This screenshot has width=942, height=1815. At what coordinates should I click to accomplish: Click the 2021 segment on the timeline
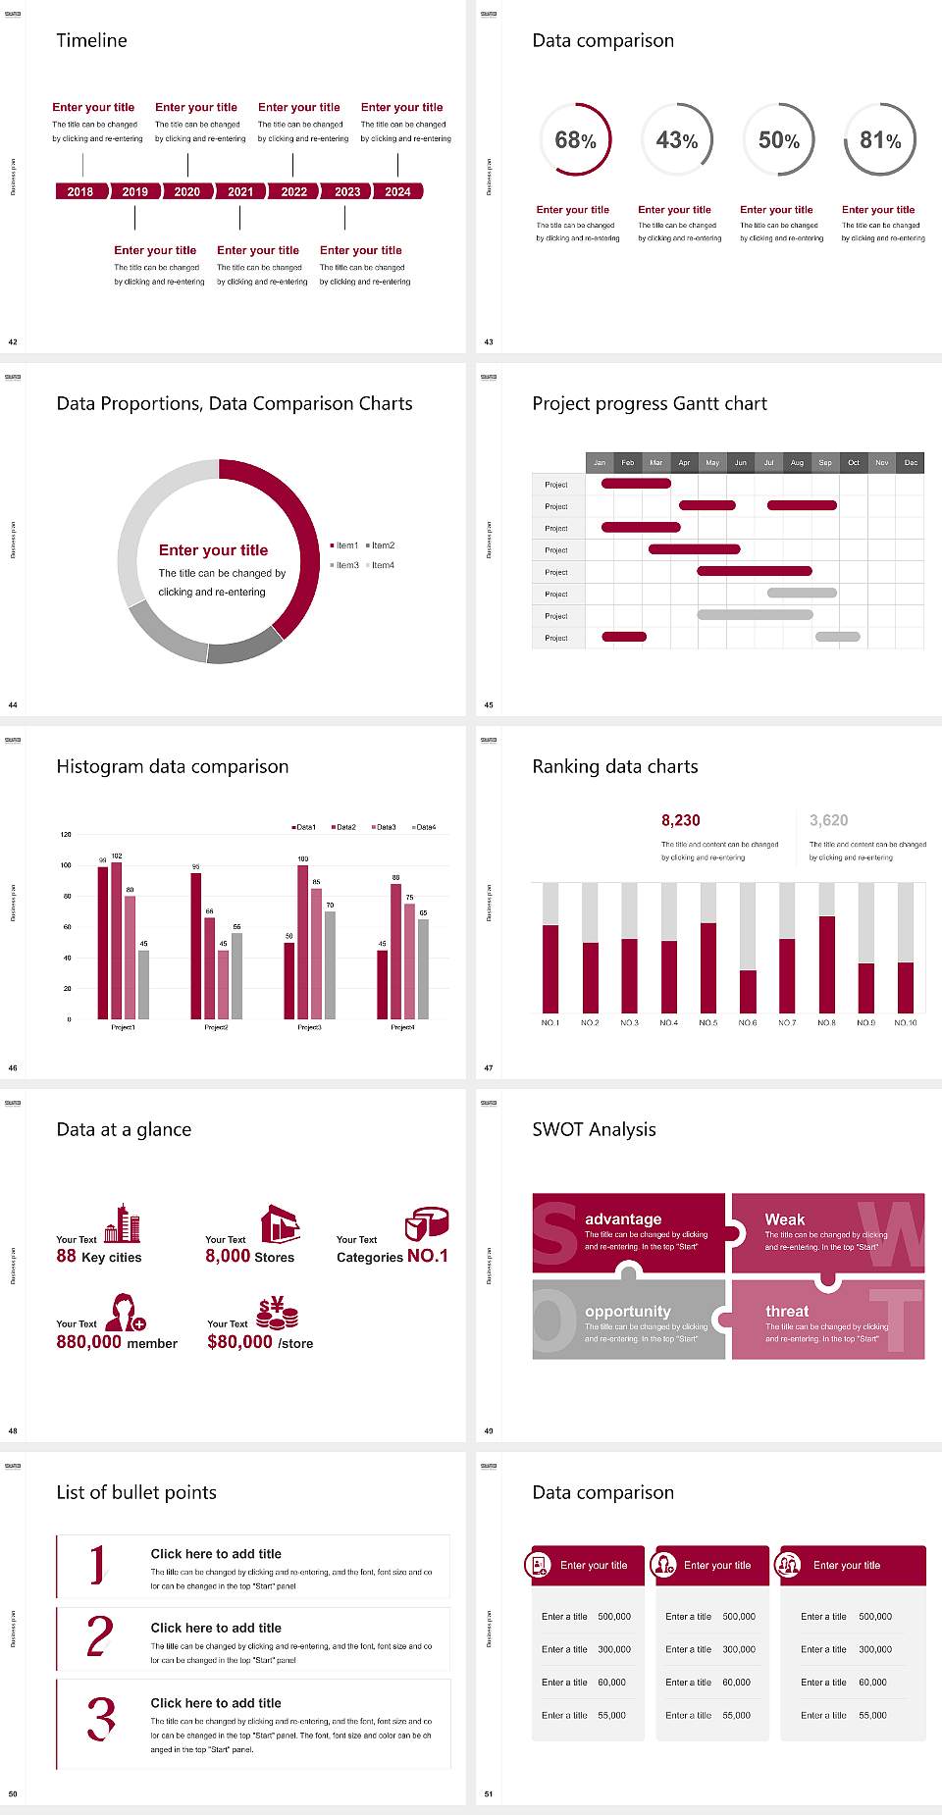click(240, 191)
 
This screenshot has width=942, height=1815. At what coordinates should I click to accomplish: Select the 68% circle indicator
click(575, 140)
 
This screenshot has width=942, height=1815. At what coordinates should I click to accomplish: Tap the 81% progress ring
click(880, 140)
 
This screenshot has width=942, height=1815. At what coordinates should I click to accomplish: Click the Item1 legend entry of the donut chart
click(344, 545)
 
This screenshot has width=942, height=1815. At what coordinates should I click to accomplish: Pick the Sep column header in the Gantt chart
click(825, 462)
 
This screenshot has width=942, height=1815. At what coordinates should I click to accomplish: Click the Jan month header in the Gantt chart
click(600, 462)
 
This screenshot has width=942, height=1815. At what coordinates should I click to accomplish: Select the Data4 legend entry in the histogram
click(424, 827)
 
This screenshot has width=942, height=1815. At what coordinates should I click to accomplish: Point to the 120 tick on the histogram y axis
click(66, 835)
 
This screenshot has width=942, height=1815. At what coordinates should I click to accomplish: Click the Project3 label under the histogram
click(309, 1027)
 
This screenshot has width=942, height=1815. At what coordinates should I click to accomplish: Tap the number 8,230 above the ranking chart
click(681, 820)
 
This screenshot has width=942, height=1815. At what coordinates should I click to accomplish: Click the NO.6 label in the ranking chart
click(748, 1022)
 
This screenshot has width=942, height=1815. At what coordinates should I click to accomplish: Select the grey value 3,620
click(829, 820)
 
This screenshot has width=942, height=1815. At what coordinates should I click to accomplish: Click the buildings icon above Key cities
click(123, 1223)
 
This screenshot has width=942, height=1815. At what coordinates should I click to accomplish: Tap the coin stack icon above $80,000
click(278, 1312)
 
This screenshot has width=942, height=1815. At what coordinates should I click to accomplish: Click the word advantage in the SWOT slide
click(623, 1219)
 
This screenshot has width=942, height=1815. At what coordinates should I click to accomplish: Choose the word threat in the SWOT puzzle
click(787, 1311)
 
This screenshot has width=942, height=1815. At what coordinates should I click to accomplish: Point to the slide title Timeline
click(91, 40)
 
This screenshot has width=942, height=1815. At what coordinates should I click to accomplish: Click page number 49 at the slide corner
click(489, 1430)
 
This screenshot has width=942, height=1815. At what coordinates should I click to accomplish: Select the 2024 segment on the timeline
click(397, 191)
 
